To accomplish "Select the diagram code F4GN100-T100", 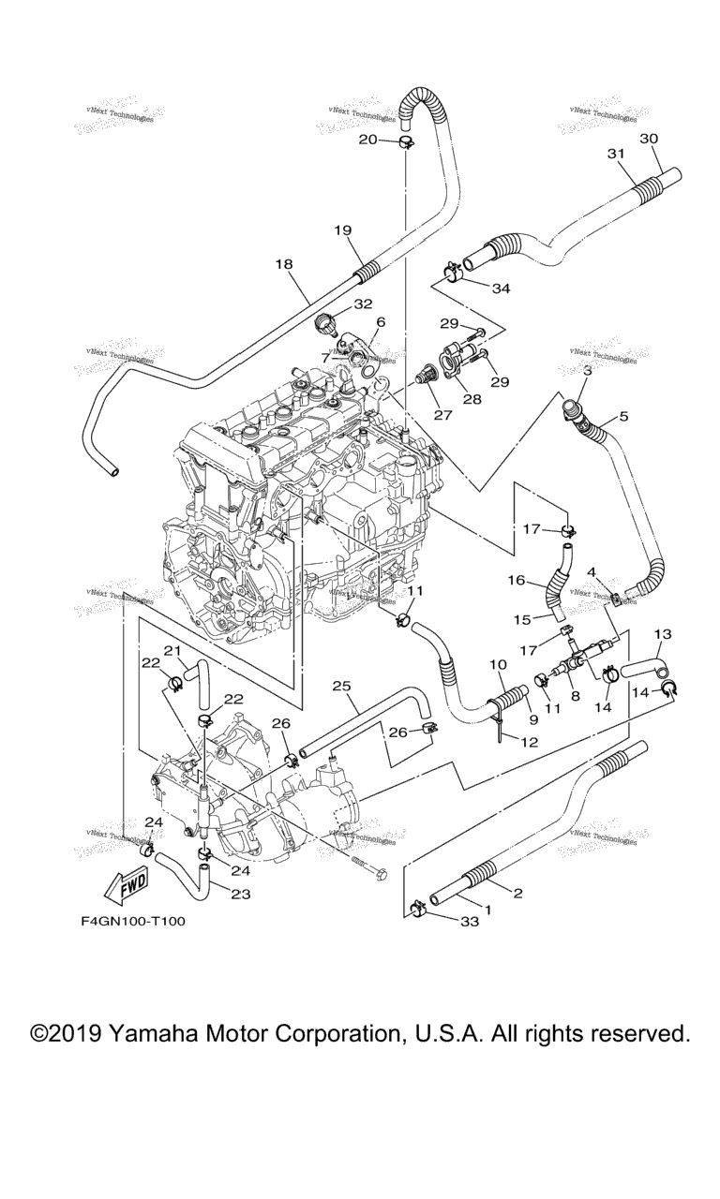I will (x=133, y=921).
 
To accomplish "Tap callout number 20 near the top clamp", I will (x=367, y=140).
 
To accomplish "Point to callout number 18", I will (x=284, y=264).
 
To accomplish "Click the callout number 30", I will (x=650, y=139).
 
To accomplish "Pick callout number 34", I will (x=501, y=289).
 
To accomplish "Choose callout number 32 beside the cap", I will (x=363, y=303).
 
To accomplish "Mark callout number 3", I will (x=586, y=372).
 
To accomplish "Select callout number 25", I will (x=341, y=687).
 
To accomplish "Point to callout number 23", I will (x=241, y=894).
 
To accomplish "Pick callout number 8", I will (x=575, y=697).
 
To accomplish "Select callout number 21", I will (x=172, y=651).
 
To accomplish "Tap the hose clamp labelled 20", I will (x=407, y=142).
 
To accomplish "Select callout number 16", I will (x=516, y=581).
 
